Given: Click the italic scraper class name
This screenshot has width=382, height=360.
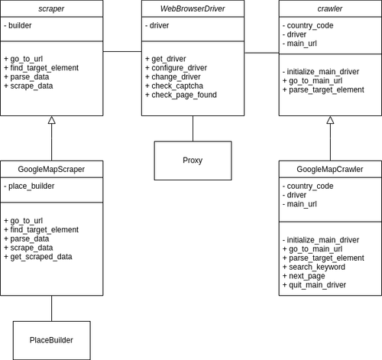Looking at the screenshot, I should (51, 8).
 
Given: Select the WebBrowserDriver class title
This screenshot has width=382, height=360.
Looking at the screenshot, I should (193, 8).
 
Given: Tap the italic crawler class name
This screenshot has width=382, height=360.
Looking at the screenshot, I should (329, 8).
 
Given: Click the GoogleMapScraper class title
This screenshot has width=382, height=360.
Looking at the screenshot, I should (51, 169).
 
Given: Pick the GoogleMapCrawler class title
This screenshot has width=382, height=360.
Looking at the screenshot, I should (330, 169).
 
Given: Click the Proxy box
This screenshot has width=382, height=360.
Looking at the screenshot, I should (193, 160).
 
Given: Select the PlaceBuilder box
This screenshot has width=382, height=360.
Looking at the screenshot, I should (51, 339).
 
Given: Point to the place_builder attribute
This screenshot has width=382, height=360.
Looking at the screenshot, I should (31, 186).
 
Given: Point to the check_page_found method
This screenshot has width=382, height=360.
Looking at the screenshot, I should (183, 95).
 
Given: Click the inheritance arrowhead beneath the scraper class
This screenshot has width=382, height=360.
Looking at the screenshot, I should (51, 121).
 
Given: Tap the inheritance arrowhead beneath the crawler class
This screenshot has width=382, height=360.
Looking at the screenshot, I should (330, 121).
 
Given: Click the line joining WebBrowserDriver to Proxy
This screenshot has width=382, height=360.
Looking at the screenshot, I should (193, 128).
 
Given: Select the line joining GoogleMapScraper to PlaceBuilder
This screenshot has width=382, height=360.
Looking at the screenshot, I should (51, 308).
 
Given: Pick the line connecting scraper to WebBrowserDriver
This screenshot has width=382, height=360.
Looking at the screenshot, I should (122, 51).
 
